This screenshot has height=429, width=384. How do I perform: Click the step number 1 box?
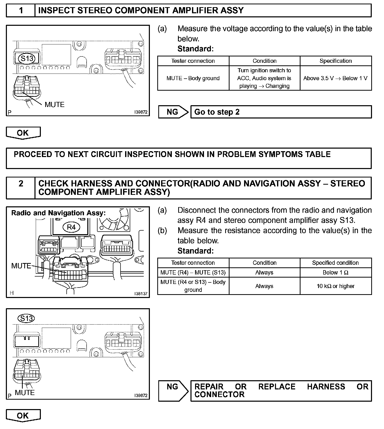click(21, 10)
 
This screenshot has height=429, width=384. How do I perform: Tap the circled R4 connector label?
click(71, 227)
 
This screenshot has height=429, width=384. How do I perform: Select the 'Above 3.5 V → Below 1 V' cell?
click(335, 78)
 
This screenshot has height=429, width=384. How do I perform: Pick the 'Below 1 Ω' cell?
click(335, 272)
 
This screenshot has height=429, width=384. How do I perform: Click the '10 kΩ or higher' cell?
click(335, 286)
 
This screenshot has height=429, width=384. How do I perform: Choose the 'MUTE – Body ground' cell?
click(193, 78)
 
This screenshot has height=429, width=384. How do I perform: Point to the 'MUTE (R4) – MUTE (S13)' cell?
click(193, 272)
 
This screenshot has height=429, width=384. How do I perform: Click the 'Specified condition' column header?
click(335, 263)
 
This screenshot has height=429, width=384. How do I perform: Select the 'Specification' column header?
click(335, 61)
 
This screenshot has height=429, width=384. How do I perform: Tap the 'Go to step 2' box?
click(281, 112)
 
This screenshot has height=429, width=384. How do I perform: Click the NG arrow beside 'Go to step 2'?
click(173, 112)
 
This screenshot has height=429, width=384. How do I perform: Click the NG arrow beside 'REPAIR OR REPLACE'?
click(173, 390)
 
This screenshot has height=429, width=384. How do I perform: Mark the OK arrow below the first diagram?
click(23, 133)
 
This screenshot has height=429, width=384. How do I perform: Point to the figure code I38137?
click(141, 294)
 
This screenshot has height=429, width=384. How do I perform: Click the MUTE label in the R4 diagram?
click(21, 266)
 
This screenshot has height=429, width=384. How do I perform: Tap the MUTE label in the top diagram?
click(54, 104)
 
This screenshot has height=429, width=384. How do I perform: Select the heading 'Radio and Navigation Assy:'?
click(58, 213)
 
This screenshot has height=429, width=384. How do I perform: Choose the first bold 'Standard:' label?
click(195, 49)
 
